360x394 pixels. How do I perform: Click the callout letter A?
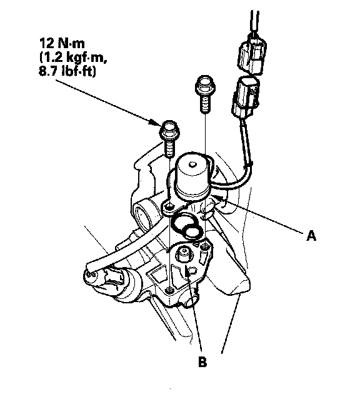point(311,236)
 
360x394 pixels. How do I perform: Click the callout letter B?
point(202,362)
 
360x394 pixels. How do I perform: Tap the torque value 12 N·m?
point(62,44)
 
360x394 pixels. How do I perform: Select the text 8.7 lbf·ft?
point(67,71)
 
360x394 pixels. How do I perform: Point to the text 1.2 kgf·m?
point(71,58)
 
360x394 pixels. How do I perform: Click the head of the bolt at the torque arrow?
point(169,131)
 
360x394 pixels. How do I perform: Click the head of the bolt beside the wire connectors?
point(205,84)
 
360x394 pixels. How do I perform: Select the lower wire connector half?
point(245,98)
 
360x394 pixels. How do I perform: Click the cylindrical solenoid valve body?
point(192,176)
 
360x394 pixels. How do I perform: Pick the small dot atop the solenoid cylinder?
point(192,164)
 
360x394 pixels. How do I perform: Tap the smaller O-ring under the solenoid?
point(192,231)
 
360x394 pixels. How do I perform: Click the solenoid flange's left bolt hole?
point(169,208)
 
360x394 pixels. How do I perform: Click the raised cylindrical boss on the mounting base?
point(184,255)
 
